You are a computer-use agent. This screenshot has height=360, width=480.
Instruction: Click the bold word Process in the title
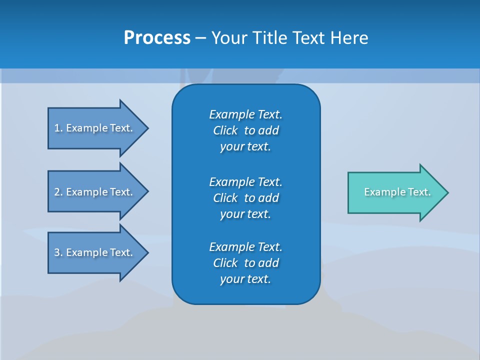pos(157,38)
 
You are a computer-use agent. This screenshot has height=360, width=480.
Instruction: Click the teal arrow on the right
pos(395,192)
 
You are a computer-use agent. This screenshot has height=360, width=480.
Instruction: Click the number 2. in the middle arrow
pos(58,192)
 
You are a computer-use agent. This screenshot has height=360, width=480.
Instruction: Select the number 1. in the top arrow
pos(58,128)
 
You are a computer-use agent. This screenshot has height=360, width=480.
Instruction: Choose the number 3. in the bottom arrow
pos(58,252)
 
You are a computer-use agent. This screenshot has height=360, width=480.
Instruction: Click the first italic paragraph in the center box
pos(245,130)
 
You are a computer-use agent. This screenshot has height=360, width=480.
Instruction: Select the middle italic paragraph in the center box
pos(245,197)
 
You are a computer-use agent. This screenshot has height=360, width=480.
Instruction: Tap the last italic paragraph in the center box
pos(245,263)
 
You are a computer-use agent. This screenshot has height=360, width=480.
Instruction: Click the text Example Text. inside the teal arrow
pos(397,192)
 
